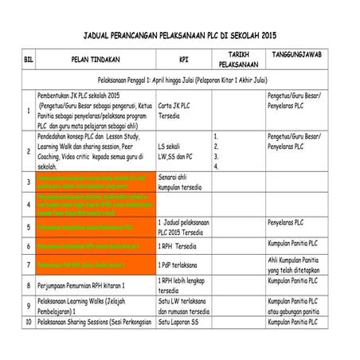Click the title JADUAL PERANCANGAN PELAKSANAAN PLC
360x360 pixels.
pos(180,36)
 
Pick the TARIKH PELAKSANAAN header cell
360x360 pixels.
pos(238,59)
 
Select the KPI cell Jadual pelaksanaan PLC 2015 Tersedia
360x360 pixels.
pos(183,227)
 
